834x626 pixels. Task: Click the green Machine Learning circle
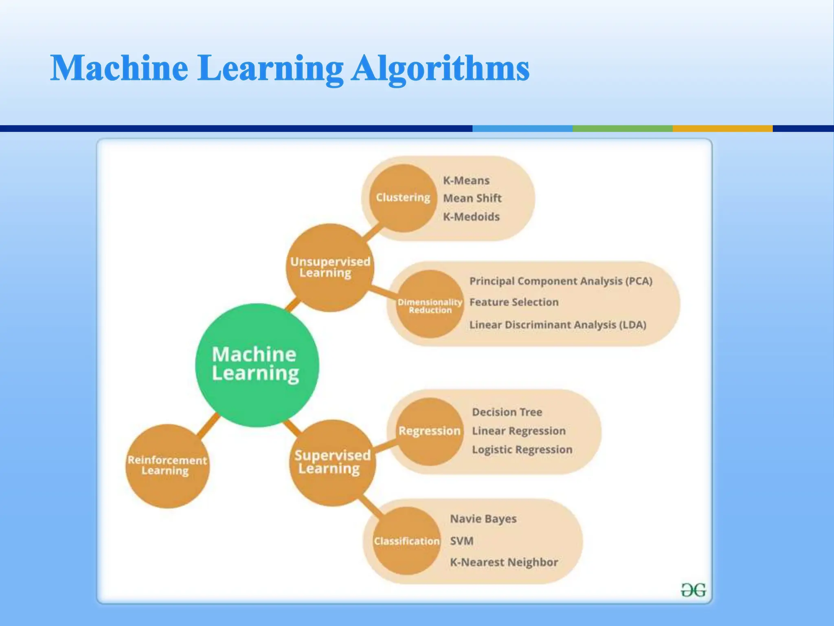(257, 365)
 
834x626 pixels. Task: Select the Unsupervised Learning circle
(330, 267)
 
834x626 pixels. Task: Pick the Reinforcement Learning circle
(167, 465)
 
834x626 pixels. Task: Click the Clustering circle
(403, 198)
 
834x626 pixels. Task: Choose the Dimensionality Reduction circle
(430, 304)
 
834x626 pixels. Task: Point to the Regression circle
(430, 431)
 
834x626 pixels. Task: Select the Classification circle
(407, 541)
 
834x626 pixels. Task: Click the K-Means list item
(466, 181)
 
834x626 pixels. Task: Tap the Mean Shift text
(472, 198)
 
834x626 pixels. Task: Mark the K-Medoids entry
(471, 217)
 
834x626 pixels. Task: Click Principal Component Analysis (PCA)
(561, 281)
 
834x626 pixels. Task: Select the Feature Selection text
(514, 302)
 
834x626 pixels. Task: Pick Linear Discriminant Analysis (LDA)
(557, 325)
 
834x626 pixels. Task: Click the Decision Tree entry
(507, 412)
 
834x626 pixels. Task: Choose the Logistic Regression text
(522, 450)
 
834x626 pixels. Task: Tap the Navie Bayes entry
(483, 519)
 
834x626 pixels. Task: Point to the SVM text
(462, 541)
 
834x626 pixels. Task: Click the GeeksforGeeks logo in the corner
(693, 590)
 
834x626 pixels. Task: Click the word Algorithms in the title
(440, 68)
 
